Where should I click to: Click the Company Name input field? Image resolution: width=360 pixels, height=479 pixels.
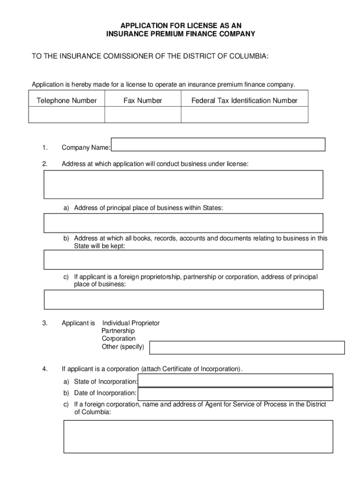pos(218,145)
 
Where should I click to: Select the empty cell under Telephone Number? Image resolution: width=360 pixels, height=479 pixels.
pos(66,115)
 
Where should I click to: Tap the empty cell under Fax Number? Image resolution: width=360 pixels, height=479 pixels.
pos(143,115)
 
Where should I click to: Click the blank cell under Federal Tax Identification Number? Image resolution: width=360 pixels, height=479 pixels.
pos(244,115)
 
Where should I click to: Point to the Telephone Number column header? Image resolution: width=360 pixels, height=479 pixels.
pos(66,101)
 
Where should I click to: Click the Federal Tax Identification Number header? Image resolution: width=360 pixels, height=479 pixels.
pos(244,101)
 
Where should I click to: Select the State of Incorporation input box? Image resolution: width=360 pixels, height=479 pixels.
pos(236,381)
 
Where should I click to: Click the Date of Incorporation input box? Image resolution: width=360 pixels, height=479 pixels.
pos(236,394)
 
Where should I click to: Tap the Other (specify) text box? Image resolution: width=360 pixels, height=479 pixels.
pos(246,348)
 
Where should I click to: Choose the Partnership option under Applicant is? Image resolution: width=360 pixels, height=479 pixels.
pos(118,331)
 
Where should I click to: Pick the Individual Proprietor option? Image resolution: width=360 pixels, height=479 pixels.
pos(131,323)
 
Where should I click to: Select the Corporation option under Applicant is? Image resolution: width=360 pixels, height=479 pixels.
pos(119,339)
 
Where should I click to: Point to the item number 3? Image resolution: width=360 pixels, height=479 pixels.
pos(44,323)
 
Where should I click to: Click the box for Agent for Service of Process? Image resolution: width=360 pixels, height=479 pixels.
pos(198,436)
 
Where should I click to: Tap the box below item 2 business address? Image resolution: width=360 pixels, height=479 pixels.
pos(183,184)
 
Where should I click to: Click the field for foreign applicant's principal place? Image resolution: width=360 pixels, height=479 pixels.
pos(183,299)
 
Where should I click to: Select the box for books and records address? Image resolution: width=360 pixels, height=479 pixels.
pos(183,260)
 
